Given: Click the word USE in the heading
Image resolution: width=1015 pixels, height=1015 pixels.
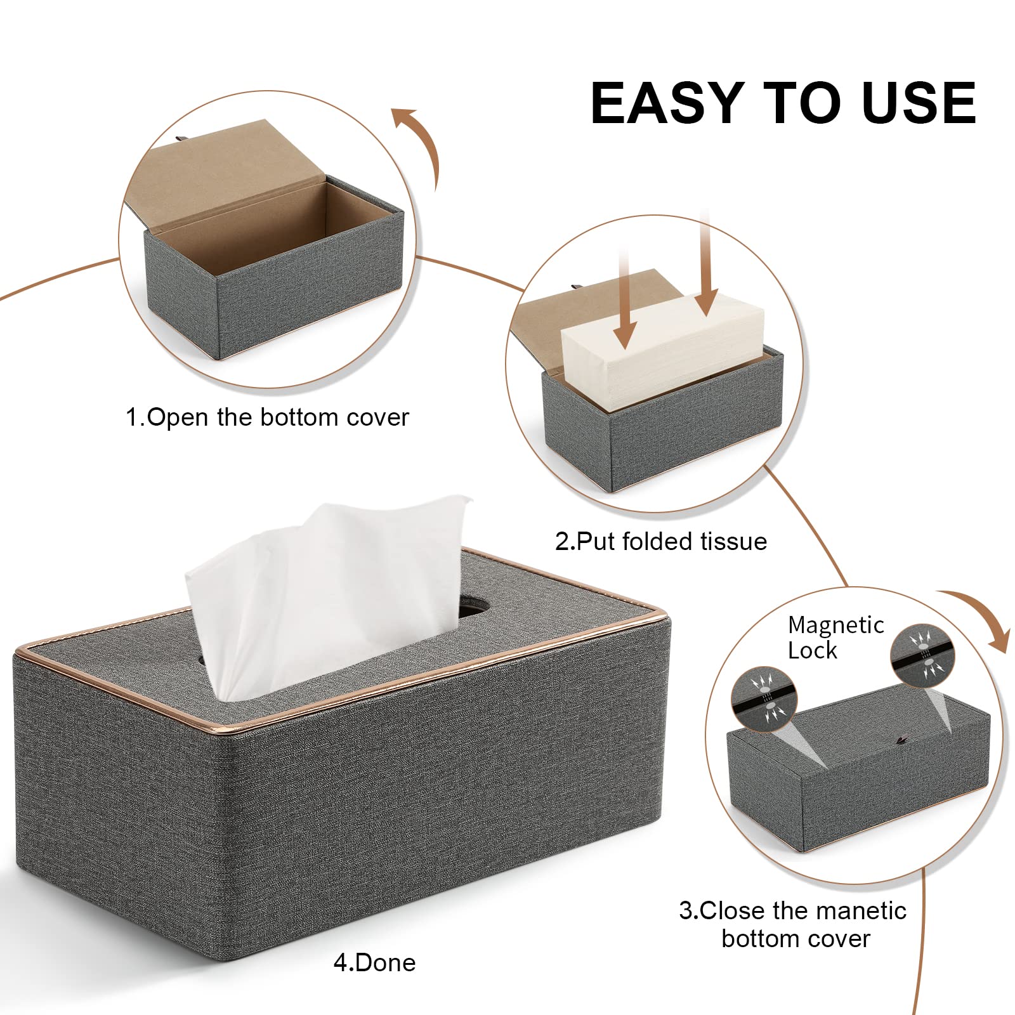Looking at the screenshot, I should click(919, 103).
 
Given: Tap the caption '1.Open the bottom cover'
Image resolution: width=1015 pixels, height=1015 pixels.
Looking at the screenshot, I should click(267, 417).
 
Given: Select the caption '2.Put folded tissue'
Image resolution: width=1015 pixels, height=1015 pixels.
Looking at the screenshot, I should click(661, 541).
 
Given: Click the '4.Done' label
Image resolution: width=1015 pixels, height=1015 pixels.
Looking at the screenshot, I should click(374, 962).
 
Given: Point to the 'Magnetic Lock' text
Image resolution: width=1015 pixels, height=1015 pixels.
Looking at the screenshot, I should click(835, 638).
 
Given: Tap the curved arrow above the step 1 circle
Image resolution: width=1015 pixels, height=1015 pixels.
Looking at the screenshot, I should click(419, 140).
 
